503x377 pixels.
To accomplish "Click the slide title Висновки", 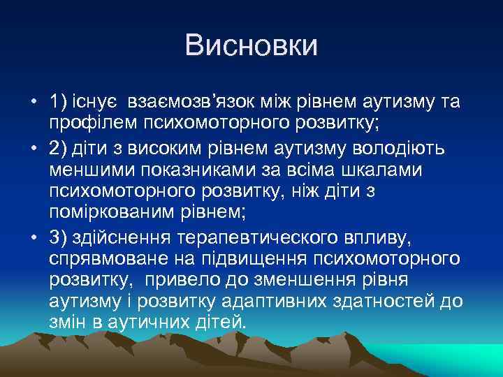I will [251, 45].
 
